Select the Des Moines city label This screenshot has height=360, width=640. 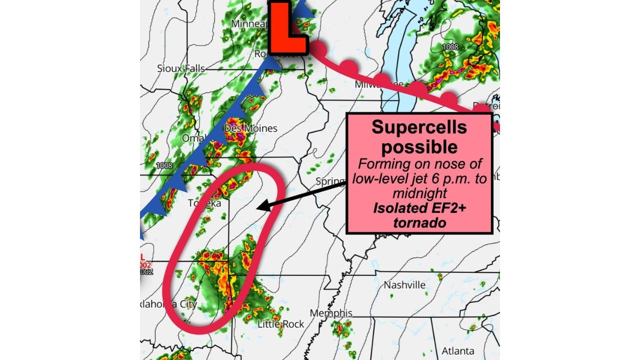click(x=250, y=128)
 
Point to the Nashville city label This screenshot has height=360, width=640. click(x=404, y=285)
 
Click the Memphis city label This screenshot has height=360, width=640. click(x=331, y=313)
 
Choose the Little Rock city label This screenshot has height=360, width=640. click(x=280, y=324)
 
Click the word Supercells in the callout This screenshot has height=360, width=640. click(x=419, y=127)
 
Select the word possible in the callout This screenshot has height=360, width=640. click(x=419, y=147)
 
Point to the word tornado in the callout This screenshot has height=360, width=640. click(x=419, y=222)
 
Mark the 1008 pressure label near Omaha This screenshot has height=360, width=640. click(x=163, y=165)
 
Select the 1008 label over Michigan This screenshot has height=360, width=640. click(x=450, y=47)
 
